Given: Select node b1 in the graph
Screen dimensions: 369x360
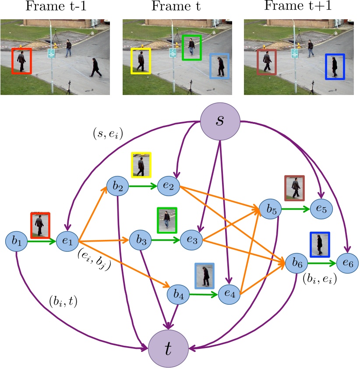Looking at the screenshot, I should click(x=17, y=240).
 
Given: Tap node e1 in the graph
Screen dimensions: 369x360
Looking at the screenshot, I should click(x=67, y=240).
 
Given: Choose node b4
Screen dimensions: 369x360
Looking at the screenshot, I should click(x=178, y=295).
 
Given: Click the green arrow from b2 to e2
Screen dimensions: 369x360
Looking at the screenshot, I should click(x=143, y=186).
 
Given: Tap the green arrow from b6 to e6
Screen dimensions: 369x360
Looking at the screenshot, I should click(x=322, y=264).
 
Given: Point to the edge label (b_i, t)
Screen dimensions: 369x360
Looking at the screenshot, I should click(x=64, y=302).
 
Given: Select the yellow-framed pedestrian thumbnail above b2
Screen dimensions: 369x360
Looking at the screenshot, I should click(x=141, y=165).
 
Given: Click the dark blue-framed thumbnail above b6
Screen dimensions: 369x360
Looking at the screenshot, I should click(x=320, y=245).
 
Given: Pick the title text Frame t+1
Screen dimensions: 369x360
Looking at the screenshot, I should click(x=298, y=7).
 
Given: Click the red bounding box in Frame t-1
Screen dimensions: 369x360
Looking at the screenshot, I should click(x=21, y=61).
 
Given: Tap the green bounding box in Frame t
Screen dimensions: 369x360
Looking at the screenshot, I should click(x=191, y=47).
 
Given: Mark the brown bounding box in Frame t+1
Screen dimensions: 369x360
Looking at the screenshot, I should click(x=266, y=62).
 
